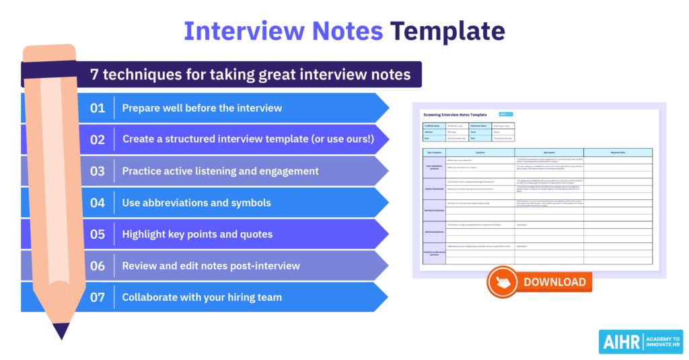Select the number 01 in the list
98,108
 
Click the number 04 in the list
98,203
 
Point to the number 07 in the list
98,297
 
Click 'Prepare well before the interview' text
202,108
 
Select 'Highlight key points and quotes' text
197,234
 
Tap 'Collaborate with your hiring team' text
202,297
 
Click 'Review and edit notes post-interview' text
211,266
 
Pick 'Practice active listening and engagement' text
220,171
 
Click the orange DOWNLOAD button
554,282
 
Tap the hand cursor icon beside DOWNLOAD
503,283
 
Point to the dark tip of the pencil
61,331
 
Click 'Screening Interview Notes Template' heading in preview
455,115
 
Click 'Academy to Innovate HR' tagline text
662,341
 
